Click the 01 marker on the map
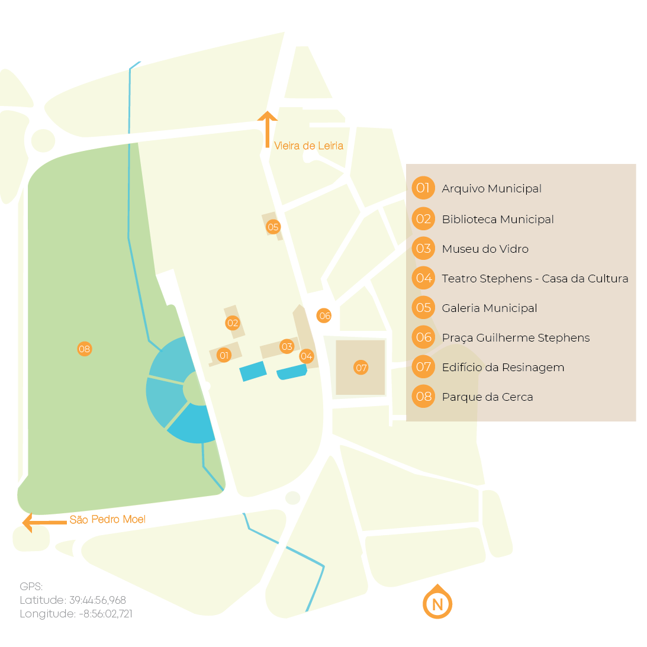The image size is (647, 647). [224, 356]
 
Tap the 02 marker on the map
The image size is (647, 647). [233, 323]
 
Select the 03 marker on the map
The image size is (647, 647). [287, 347]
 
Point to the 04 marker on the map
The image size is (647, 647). [306, 356]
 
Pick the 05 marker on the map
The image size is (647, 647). [273, 227]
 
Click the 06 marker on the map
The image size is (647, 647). [324, 316]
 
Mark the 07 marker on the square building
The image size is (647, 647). [361, 368]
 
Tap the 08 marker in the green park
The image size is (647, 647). [85, 349]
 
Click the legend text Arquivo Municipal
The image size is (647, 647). [491, 189]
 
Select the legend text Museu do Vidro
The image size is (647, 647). [485, 249]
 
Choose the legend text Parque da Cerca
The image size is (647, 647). [487, 397]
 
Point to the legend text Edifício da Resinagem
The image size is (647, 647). [503, 368]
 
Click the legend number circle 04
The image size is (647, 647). [423, 278]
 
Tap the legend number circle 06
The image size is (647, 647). [423, 337]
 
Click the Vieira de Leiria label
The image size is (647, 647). [308, 146]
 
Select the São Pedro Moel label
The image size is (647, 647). [107, 520]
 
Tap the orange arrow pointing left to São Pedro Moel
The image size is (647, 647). [43, 522]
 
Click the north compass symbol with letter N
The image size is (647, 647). [437, 603]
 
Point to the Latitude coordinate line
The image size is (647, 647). [73, 600]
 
